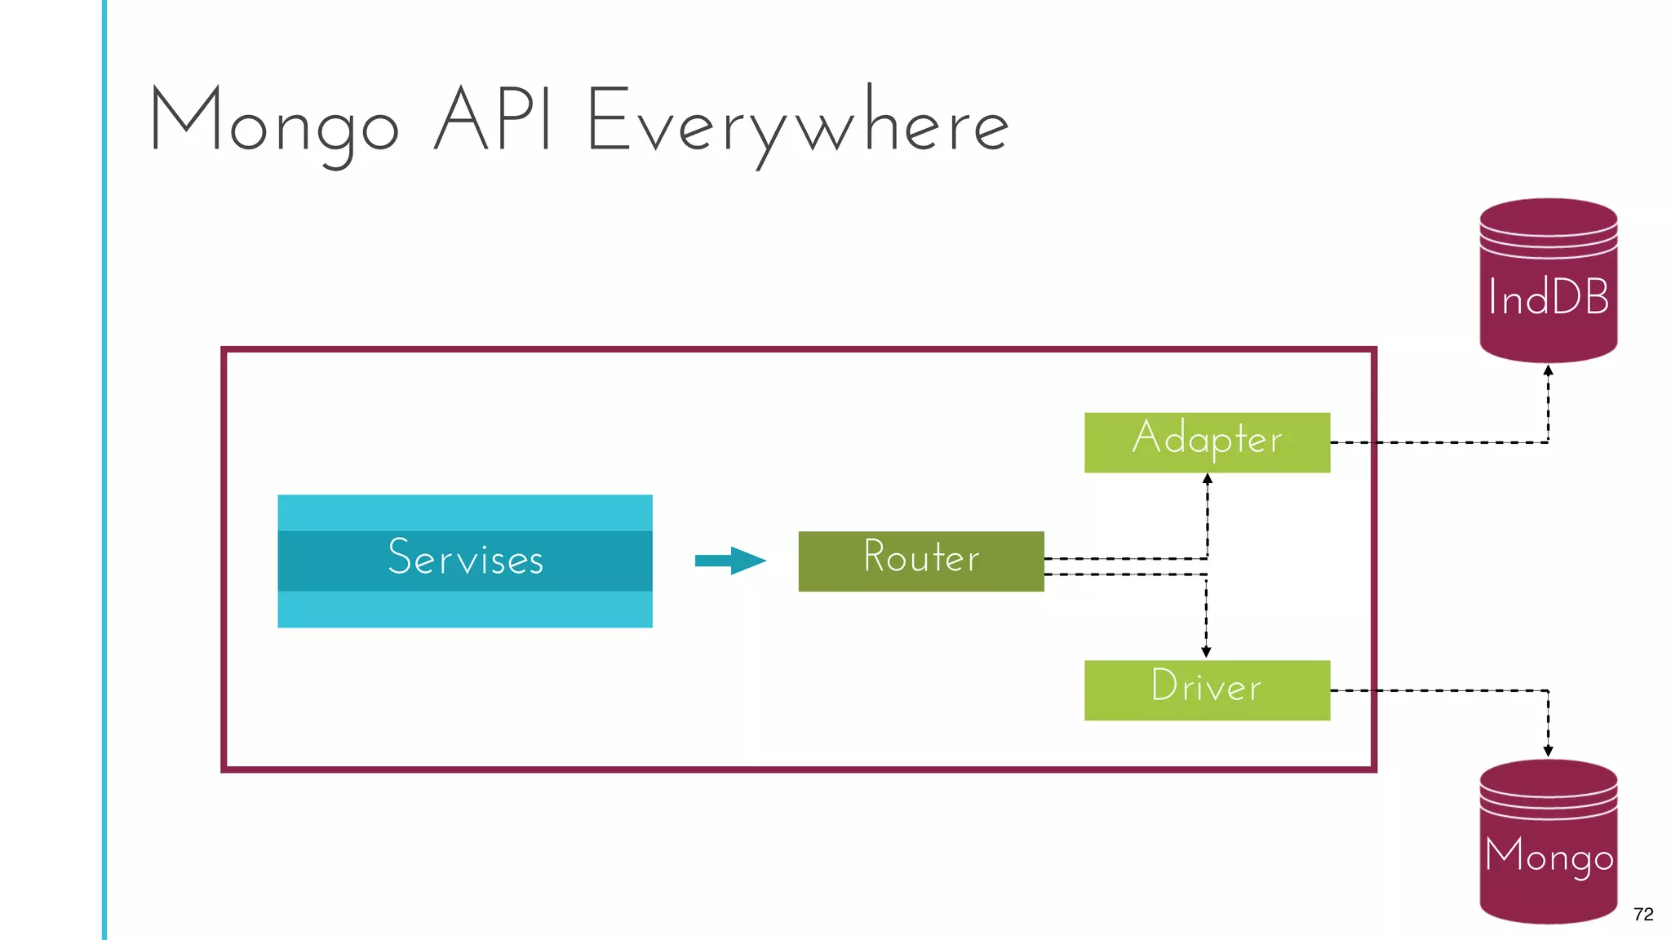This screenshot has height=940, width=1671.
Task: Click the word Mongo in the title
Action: point(274,122)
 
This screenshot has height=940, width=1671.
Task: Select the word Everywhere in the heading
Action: point(797,124)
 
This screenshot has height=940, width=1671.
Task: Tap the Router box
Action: point(920,561)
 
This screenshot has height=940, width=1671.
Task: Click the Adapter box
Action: point(1206,442)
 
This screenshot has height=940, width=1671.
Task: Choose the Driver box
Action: point(1206,690)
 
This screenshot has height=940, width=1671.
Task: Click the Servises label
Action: point(465,560)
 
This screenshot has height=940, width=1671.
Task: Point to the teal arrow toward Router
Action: point(729,561)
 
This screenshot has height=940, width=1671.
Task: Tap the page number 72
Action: point(1643,914)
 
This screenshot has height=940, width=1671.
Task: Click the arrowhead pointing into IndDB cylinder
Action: point(1548,370)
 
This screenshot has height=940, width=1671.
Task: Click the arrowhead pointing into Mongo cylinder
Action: point(1548,751)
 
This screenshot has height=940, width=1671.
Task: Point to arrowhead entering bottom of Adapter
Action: point(1208,479)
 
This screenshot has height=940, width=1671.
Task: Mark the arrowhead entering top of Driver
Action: point(1206,652)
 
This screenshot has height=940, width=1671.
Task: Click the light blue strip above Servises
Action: point(465,512)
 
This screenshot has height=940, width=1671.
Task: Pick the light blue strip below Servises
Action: point(465,610)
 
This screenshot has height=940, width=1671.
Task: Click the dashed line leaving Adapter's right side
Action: point(1436,442)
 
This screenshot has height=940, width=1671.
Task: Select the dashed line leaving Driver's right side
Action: point(1436,690)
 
